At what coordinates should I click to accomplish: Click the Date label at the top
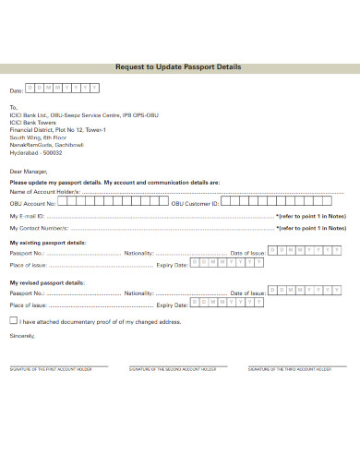point(16,91)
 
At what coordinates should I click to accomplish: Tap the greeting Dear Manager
point(29,171)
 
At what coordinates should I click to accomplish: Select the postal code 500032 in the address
point(54,152)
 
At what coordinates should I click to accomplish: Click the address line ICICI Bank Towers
point(33,123)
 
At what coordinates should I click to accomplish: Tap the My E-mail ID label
point(28,215)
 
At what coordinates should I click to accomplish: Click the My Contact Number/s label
point(39,227)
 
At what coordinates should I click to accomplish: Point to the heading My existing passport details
point(48,242)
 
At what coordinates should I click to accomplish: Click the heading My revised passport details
point(46,282)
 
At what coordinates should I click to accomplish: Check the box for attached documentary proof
point(13,320)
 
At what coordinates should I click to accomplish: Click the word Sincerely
point(21,335)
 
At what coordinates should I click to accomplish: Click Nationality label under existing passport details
point(138,252)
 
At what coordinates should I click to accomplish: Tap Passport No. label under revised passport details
point(27,293)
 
